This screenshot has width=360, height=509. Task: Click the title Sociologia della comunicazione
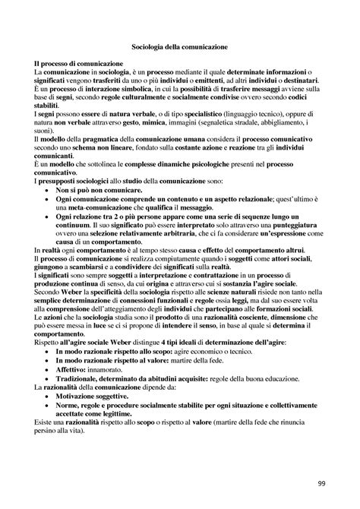coord(179,46)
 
